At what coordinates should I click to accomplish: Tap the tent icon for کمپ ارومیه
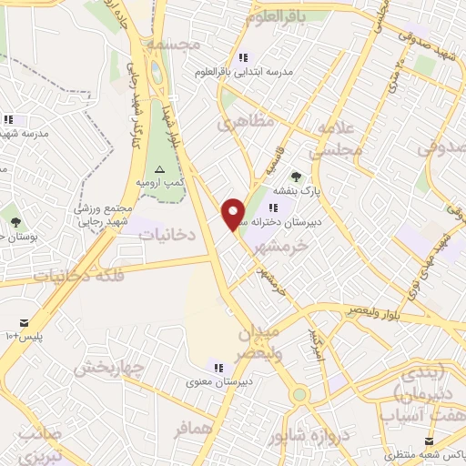tap(160, 169)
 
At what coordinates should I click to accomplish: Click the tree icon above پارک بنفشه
tap(295, 177)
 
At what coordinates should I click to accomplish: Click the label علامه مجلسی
tap(336, 141)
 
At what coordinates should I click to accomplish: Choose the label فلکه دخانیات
tap(76, 274)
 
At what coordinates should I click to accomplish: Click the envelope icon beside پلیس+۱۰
tap(24, 322)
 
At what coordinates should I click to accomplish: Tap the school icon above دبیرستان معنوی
tap(218, 366)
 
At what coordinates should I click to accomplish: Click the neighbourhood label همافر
tap(193, 426)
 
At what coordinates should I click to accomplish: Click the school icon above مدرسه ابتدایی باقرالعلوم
tap(241, 57)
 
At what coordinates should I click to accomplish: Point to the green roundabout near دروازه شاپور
tap(299, 395)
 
